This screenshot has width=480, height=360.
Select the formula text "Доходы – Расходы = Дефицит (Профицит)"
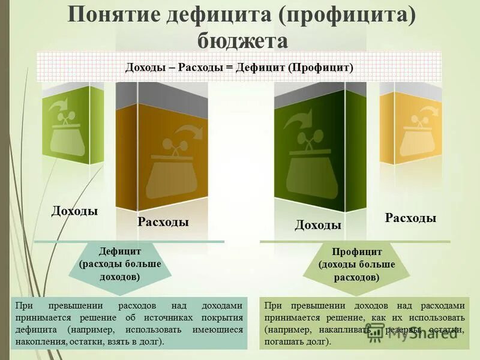point(239,67)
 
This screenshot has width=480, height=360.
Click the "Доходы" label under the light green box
point(74,211)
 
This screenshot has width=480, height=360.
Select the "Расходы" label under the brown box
point(163,223)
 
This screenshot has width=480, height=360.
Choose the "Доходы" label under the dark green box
point(318,226)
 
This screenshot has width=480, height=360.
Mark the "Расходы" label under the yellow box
point(410,218)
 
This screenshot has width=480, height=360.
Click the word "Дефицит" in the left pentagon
point(120,251)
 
